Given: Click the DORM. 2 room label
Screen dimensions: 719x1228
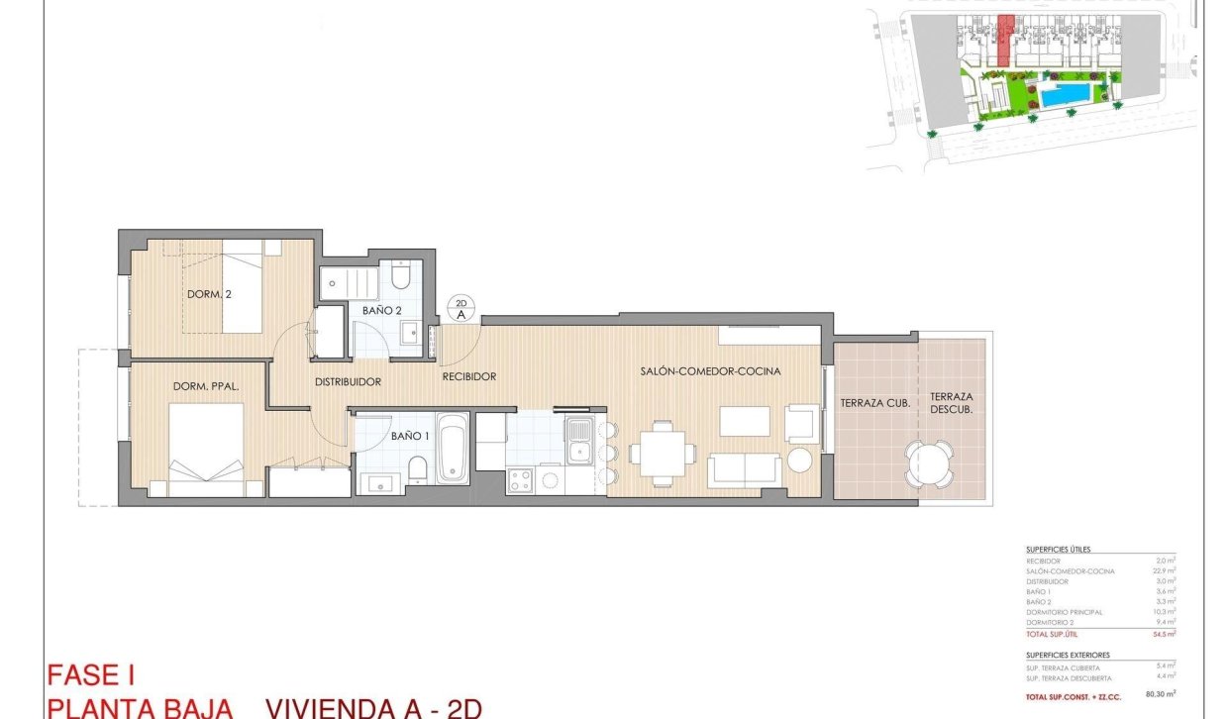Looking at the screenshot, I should [x=209, y=294].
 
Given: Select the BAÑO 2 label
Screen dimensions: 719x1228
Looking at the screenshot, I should [x=382, y=311].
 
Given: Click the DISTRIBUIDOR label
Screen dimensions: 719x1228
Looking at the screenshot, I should [x=348, y=381].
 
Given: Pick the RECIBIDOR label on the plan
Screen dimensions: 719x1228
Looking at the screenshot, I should [x=468, y=376].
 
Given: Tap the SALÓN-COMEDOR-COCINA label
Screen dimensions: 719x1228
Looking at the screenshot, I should [x=708, y=371].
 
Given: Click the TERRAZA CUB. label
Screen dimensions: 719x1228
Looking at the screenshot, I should [x=874, y=403].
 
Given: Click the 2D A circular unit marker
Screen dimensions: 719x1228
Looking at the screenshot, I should [x=461, y=308].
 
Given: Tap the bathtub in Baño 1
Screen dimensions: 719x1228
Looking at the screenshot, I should [x=453, y=452].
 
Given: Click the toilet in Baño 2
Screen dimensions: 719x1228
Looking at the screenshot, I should [x=400, y=275].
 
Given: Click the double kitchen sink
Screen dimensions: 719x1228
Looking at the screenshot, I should [x=579, y=441].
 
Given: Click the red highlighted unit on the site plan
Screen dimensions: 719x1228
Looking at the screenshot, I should [x=1004, y=42].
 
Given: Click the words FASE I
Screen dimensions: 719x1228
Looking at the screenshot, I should [x=91, y=675].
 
